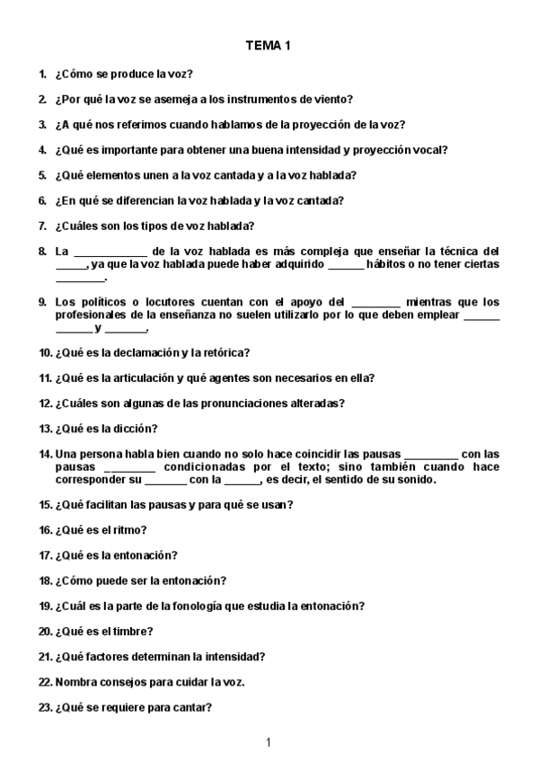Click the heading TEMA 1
click(269, 45)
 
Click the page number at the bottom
click(269, 741)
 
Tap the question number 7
click(42, 226)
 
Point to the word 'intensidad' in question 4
click(283, 149)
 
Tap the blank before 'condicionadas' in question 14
click(130, 468)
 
